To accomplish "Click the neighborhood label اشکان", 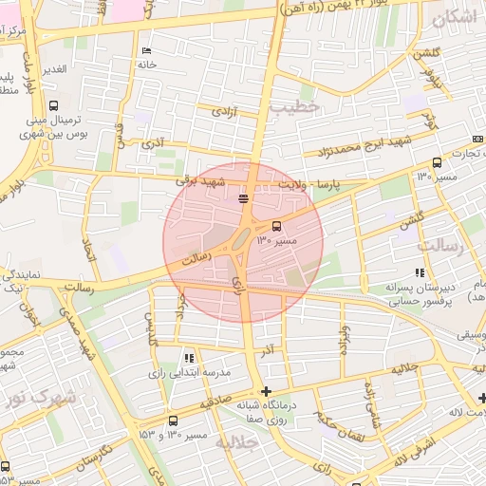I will (455, 18).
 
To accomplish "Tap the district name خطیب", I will (290, 107).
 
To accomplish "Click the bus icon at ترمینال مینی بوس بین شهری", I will (53, 106).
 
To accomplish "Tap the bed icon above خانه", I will (145, 50).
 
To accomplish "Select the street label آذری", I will (153, 144).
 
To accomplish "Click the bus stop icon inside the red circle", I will (276, 226).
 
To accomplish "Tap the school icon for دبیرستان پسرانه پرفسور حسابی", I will (421, 273).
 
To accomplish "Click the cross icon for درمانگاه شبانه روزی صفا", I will (266, 391).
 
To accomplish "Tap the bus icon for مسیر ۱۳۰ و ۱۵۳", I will (173, 421).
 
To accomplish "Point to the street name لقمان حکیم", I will (335, 415).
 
